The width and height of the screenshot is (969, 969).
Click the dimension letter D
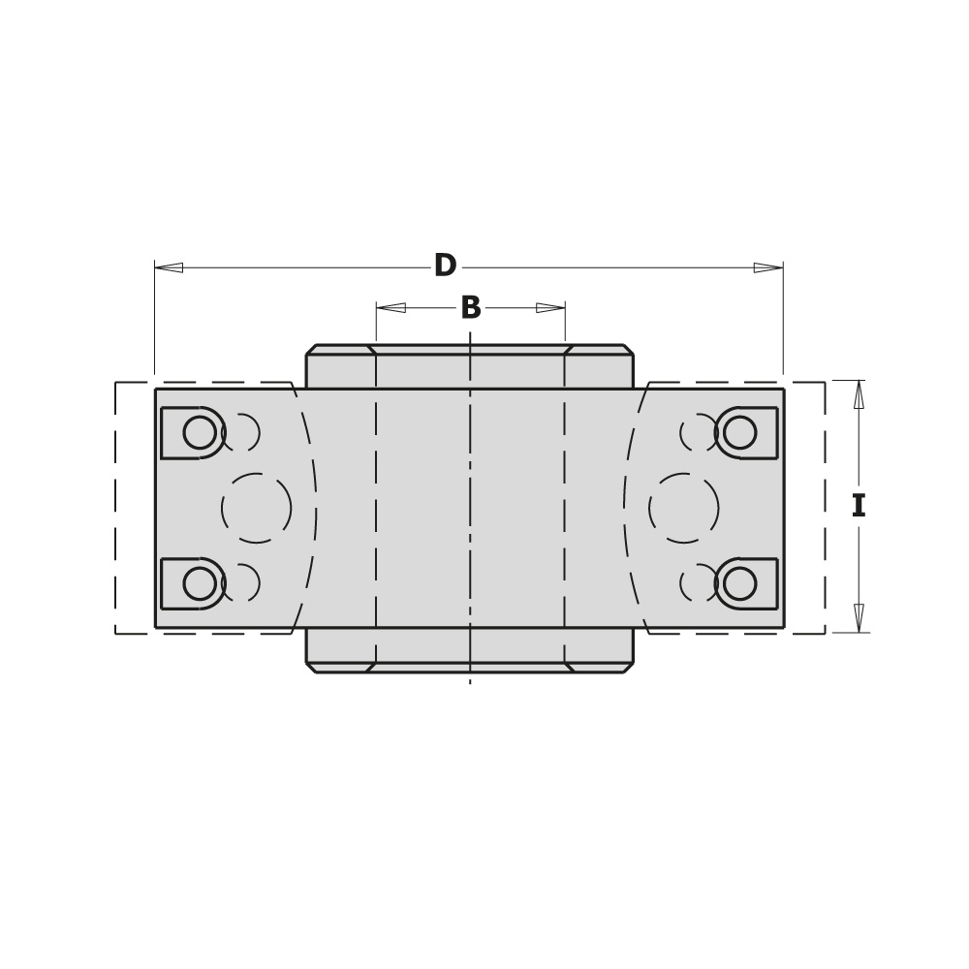[x=445, y=266]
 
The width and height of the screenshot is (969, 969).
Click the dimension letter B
[x=471, y=307]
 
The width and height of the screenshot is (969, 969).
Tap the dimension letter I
[x=859, y=506]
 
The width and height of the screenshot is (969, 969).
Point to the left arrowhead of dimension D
[x=169, y=267]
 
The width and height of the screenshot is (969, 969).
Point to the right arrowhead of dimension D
[x=768, y=267]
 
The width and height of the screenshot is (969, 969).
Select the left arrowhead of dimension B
[x=391, y=307]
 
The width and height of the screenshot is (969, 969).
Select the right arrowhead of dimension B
[x=550, y=307]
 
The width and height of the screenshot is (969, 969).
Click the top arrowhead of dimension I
[x=859, y=394]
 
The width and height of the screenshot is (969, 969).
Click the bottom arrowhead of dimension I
[x=859, y=618]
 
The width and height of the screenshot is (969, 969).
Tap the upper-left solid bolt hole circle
[x=200, y=432]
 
